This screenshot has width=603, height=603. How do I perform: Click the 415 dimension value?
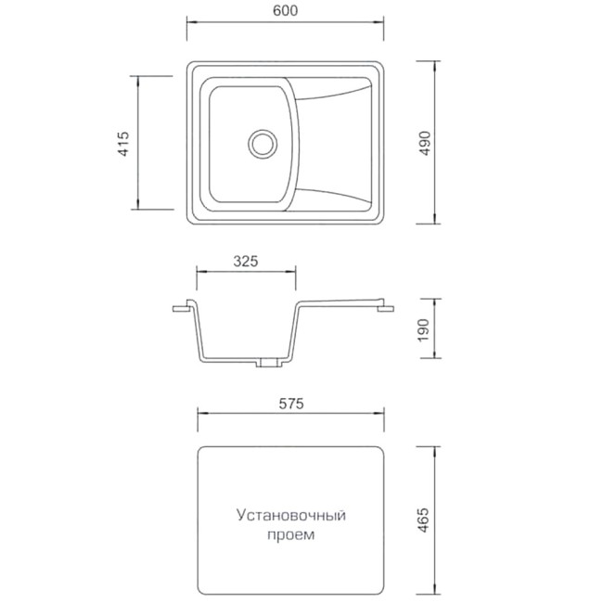coord(123,144)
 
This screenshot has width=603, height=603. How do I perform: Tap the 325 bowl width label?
coord(245,261)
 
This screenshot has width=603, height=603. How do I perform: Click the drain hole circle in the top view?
coord(262,143)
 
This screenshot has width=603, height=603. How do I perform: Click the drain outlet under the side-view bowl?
coord(267,363)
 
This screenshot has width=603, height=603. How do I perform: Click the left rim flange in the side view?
coord(182,307)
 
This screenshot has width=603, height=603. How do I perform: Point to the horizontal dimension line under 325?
coord(245,273)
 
